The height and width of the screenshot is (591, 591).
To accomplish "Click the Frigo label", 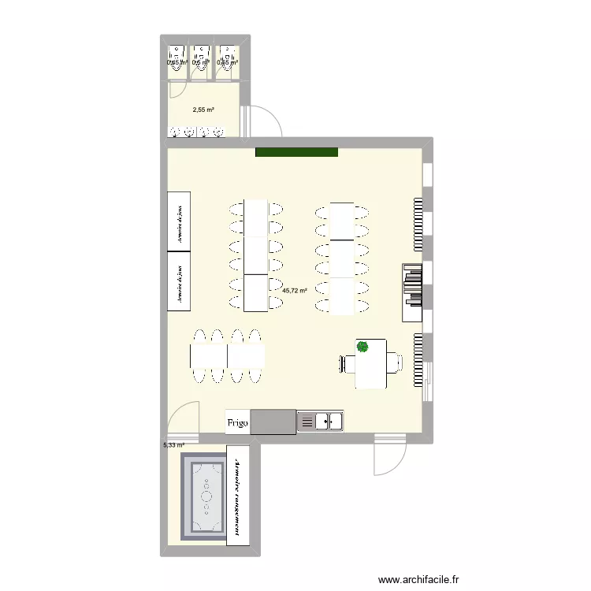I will pos(238,423).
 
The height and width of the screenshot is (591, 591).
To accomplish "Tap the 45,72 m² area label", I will pos(295,291).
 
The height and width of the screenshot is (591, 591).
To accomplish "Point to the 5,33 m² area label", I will pos(173,445).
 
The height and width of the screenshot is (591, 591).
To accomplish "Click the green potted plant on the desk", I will pos(362,346).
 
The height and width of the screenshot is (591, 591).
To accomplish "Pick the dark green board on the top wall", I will pos(296,152).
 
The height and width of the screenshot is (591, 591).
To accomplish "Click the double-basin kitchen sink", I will pos(320,422).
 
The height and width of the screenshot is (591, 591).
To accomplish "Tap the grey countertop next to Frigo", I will pos(273,422).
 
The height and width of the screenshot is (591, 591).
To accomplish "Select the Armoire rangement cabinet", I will pos(238,495).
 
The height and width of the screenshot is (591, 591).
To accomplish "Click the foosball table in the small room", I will pos(206,495).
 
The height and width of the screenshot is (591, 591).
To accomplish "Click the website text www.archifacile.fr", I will pos(421,580).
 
